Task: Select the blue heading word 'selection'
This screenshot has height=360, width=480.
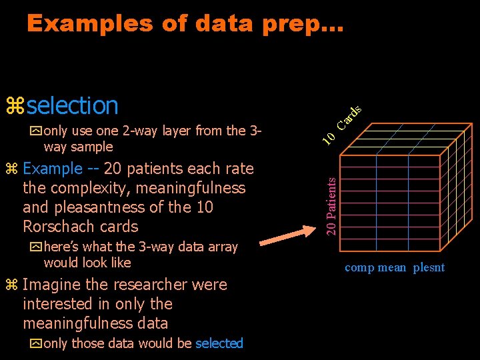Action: [73, 105]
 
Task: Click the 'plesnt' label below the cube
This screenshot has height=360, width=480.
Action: [428, 268]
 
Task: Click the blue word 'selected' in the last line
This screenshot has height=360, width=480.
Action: [219, 343]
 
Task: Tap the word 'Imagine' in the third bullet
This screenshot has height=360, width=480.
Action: [52, 285]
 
